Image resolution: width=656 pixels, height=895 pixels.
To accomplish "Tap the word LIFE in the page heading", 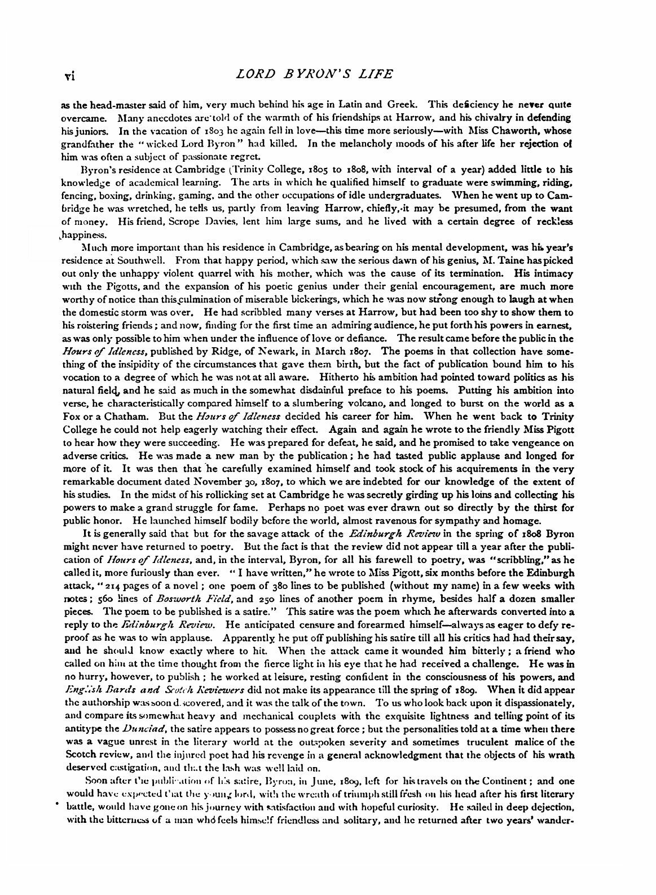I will (x=389, y=74).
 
